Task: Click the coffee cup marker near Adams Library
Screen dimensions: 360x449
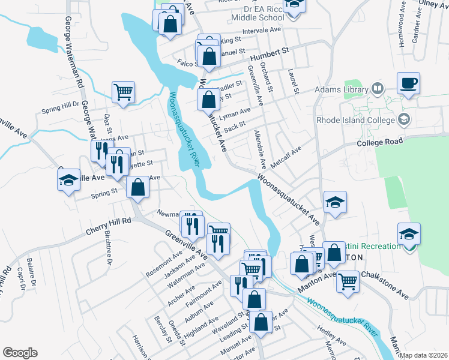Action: point(408,83)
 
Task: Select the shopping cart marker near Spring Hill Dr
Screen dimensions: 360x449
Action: point(124,93)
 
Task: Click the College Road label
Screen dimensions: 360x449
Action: point(378,142)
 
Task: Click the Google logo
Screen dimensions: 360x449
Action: point(20,353)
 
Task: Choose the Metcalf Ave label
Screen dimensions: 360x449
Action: point(285,155)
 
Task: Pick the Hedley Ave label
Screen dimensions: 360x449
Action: point(329,335)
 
